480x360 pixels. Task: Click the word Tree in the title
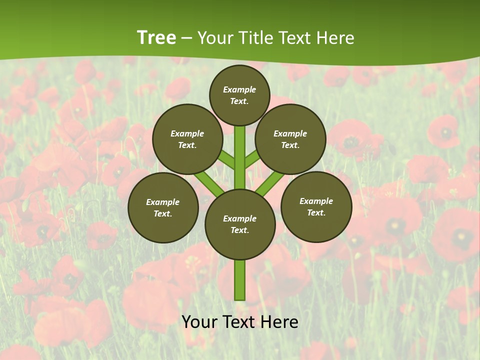156,38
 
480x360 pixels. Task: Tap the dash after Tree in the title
186,38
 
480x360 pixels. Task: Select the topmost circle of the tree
239,95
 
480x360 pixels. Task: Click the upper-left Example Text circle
187,139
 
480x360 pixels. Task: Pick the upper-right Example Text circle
290,139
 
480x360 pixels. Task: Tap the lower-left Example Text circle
163,207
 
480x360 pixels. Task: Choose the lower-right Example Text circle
316,206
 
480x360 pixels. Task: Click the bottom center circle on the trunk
240,224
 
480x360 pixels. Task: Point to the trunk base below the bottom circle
240,280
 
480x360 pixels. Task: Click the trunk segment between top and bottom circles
240,157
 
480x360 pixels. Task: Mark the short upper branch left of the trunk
227,160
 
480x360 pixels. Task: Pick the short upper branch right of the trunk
252,159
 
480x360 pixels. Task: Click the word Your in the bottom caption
199,322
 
